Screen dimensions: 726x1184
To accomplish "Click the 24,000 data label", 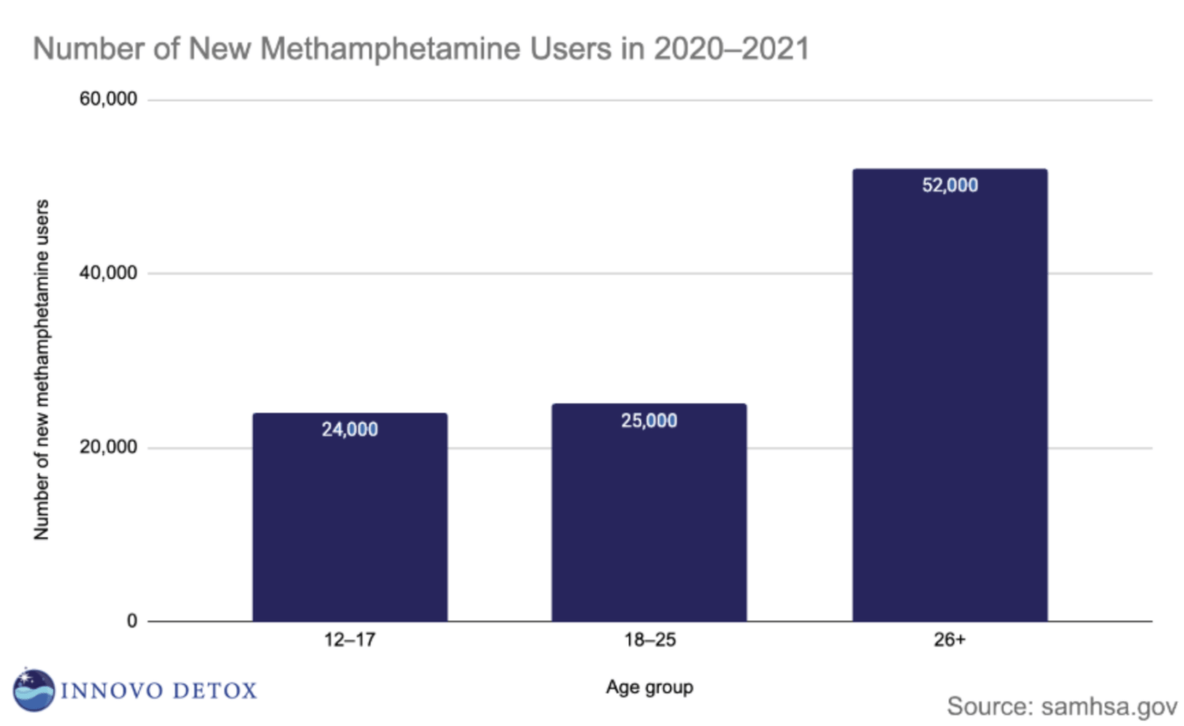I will (x=349, y=429).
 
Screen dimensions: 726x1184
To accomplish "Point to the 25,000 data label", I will (x=649, y=420).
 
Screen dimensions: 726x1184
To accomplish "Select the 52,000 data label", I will (x=950, y=185).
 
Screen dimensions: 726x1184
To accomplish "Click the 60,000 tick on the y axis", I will (x=108, y=99).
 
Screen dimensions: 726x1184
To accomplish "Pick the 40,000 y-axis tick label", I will (x=108, y=273).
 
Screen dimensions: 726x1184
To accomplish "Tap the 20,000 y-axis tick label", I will (x=108, y=447).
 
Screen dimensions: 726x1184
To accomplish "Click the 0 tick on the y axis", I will (x=132, y=621).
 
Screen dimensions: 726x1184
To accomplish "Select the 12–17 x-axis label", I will (x=349, y=640).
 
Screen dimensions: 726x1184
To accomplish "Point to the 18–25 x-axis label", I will (x=650, y=640).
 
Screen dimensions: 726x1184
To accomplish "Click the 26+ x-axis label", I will (x=950, y=640).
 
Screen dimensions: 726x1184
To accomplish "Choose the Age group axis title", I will (x=649, y=687).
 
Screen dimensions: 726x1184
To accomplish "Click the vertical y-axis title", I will (x=42, y=370).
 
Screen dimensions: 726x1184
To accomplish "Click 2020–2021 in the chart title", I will (x=731, y=49).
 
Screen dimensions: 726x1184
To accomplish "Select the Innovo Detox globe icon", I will (x=34, y=689).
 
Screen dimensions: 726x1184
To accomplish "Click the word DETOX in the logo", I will (x=215, y=691).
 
